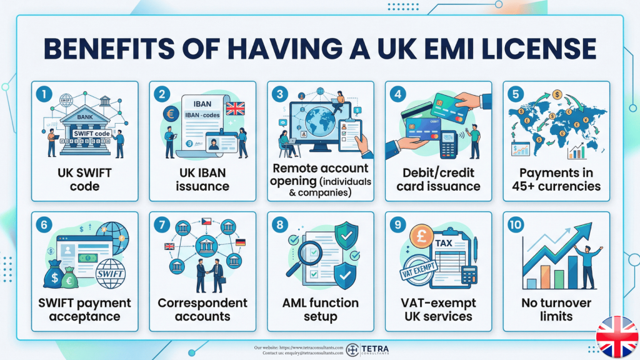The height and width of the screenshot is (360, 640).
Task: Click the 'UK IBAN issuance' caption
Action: [202, 179]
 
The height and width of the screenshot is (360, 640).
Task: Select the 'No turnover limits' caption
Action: [556, 309]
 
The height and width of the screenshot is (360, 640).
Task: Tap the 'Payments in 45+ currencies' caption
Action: [556, 179]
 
